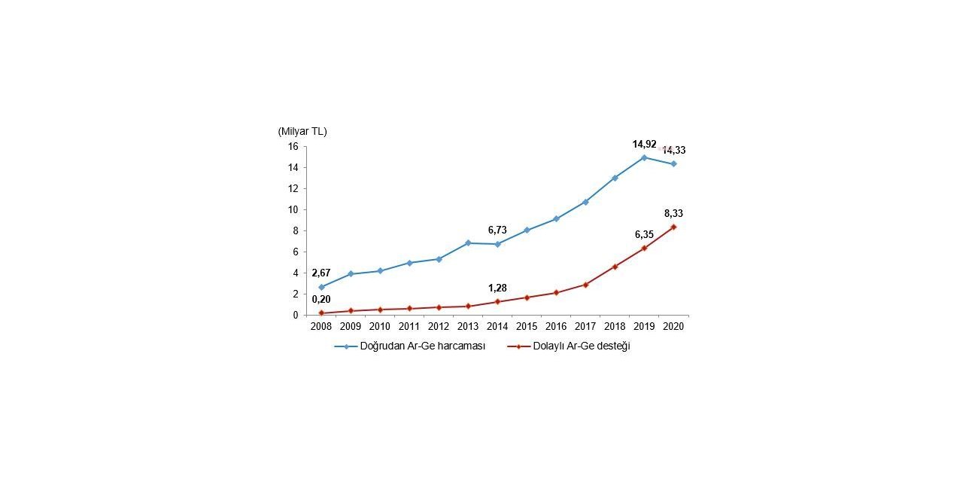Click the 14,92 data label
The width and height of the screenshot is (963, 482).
tap(644, 144)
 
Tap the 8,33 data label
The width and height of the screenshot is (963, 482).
tap(673, 213)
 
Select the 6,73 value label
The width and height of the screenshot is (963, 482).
tap(497, 230)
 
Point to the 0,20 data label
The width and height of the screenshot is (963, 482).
tap(321, 299)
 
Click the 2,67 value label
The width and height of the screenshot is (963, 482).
tap(321, 273)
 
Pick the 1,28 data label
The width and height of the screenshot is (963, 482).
tap(497, 288)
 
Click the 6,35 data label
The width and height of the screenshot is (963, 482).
tap(644, 234)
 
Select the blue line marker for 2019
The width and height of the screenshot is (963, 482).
tap(644, 157)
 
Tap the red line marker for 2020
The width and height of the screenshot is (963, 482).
tap(673, 227)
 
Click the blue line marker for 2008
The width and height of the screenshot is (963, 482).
tap(321, 287)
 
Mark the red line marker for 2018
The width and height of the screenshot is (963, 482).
tap(615, 267)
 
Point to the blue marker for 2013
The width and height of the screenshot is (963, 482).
tap(468, 243)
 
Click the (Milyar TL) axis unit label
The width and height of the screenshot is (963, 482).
tap(302, 131)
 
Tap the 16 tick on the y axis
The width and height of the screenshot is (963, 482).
tap(293, 146)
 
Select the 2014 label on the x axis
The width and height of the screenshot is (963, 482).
tap(497, 327)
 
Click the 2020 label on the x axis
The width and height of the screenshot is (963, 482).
tap(673, 327)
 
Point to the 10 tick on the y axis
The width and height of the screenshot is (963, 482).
tap(293, 209)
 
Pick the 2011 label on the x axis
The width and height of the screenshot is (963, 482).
tap(409, 327)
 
